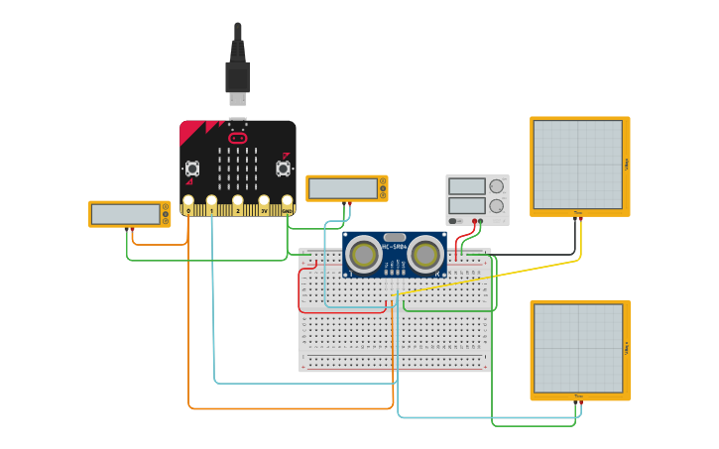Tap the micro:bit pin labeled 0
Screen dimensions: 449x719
point(187,208)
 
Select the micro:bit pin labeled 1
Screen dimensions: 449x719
point(211,208)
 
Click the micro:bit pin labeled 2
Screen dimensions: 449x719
point(238,208)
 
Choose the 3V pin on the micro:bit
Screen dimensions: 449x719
point(264,208)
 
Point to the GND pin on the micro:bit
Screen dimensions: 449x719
point(287,208)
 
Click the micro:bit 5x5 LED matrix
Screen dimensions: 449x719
point(238,168)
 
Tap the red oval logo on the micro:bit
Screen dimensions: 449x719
point(238,138)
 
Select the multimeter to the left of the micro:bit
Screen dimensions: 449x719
point(129,214)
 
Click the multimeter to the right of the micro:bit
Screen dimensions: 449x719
point(346,188)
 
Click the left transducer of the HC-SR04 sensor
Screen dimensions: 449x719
point(364,255)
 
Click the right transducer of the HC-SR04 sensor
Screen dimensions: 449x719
point(425,255)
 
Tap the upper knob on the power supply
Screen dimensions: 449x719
point(496,185)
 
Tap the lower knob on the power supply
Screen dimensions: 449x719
point(496,205)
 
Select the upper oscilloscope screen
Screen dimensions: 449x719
point(578,165)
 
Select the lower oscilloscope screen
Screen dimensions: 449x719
point(578,348)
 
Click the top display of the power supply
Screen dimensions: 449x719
point(466,185)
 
